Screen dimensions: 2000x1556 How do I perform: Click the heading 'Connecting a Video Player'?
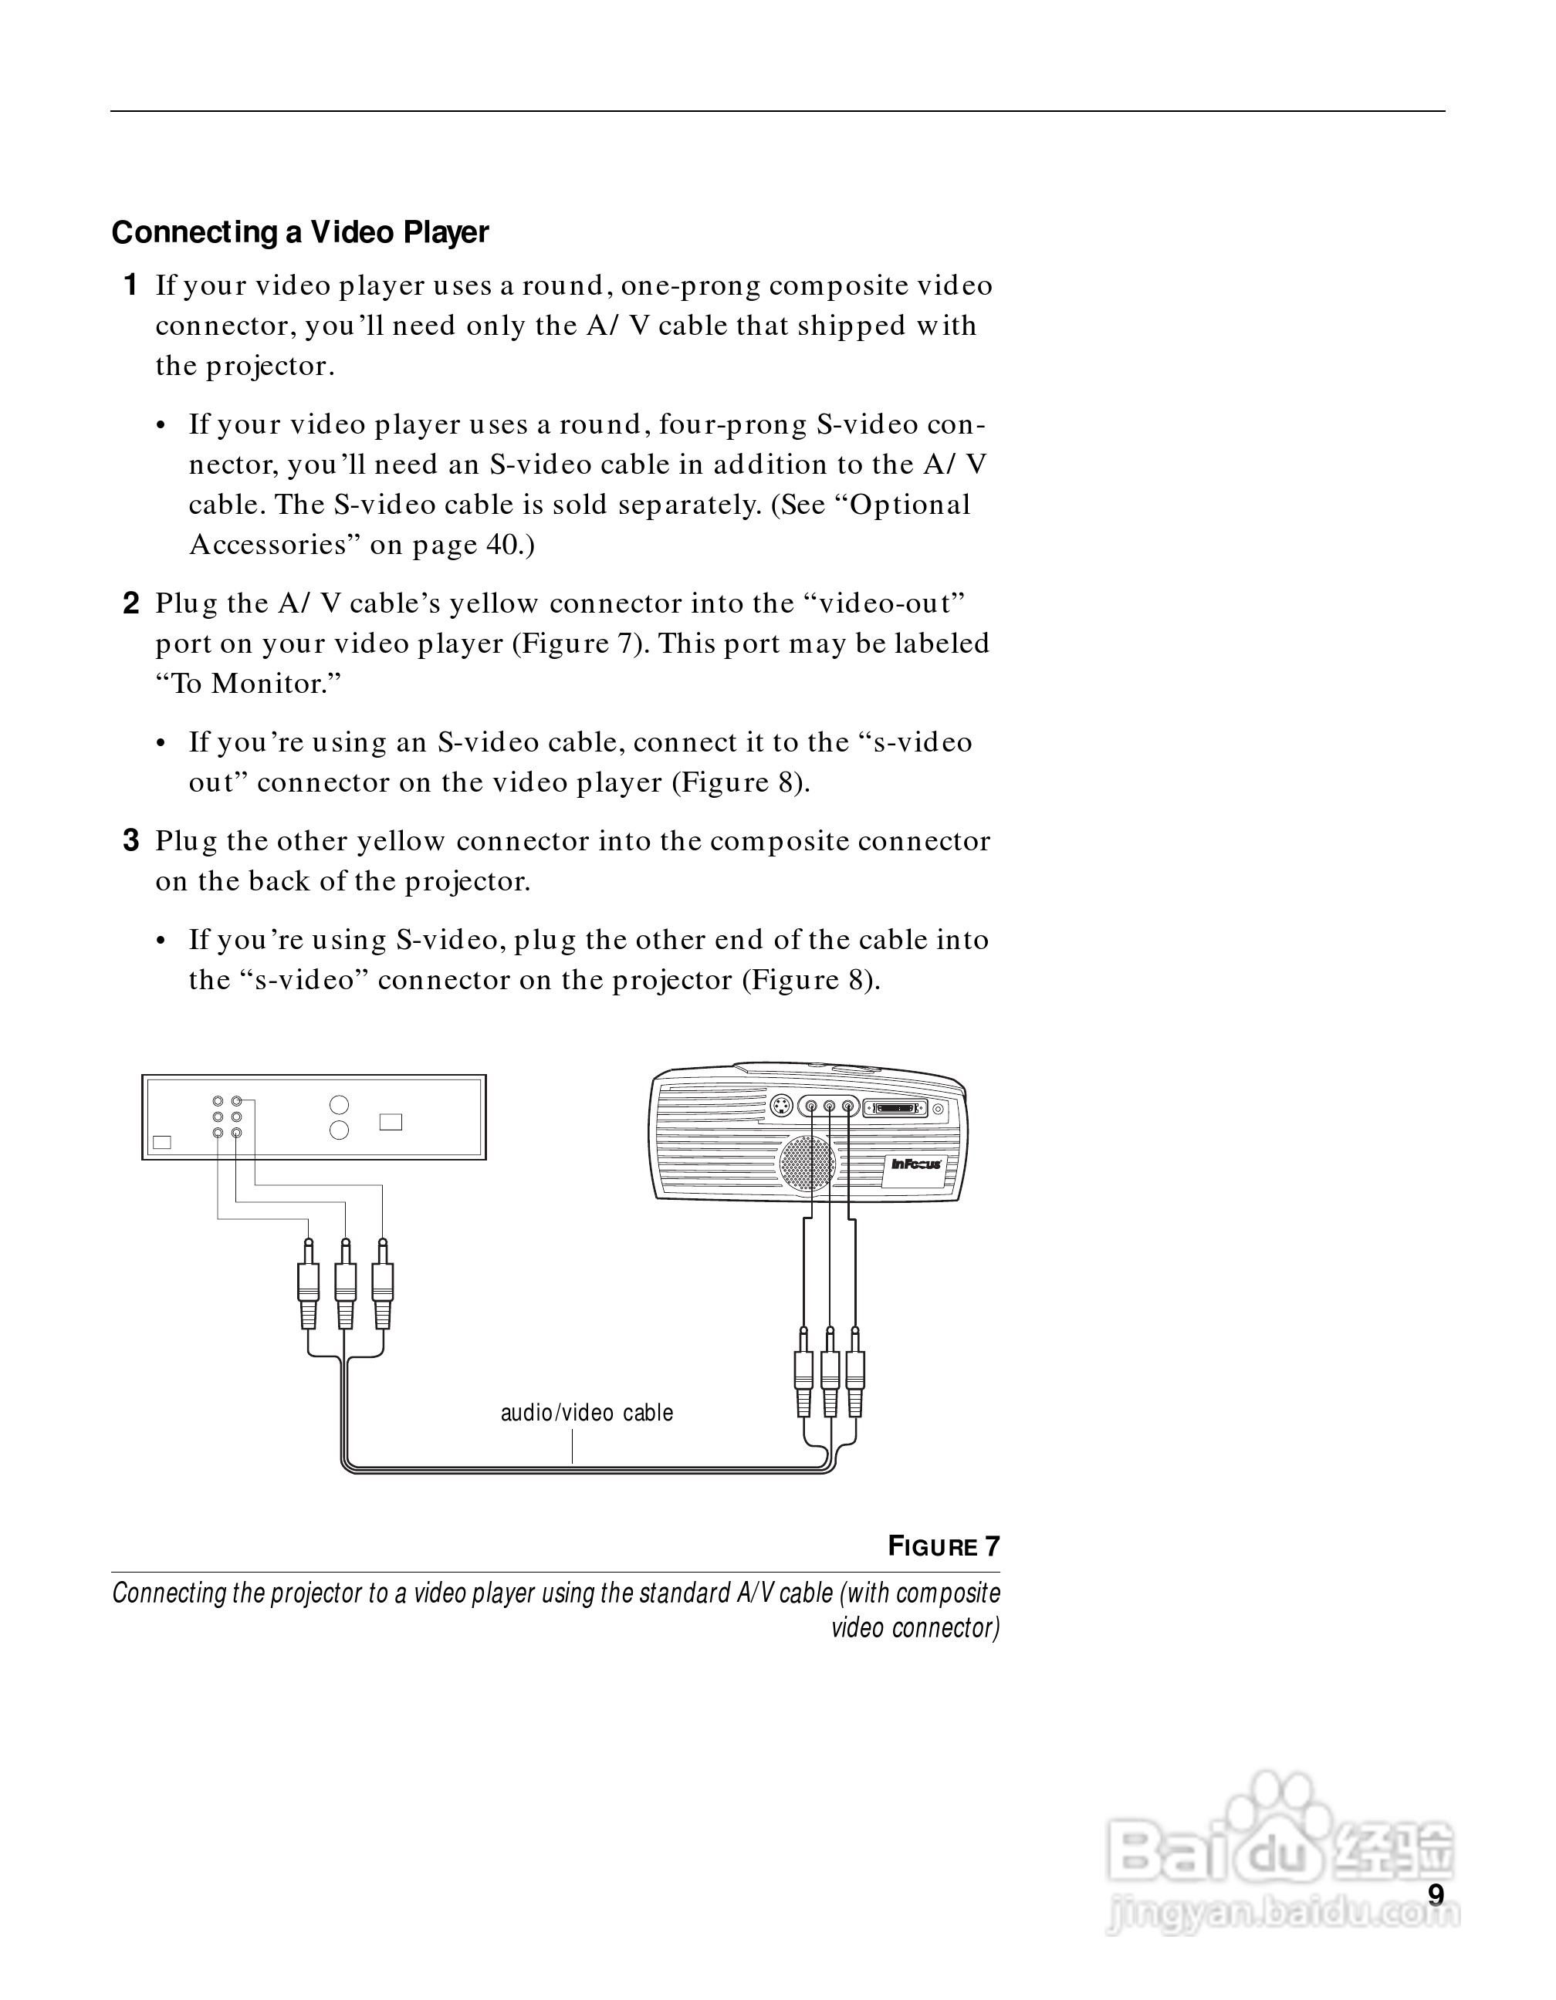[x=299, y=232]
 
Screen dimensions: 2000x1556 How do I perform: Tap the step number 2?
[x=131, y=603]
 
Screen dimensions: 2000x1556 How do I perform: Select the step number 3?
[x=131, y=840]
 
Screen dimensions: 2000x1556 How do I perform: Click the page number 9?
[x=1436, y=1894]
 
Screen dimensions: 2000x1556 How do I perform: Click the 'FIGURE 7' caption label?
[x=943, y=1547]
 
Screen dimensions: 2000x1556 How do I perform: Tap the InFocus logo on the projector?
[x=917, y=1163]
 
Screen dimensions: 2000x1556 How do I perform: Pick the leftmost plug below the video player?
[x=309, y=1283]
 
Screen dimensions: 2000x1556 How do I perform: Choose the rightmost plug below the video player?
[x=383, y=1283]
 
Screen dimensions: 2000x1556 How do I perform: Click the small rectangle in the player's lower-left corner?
[x=162, y=1142]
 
